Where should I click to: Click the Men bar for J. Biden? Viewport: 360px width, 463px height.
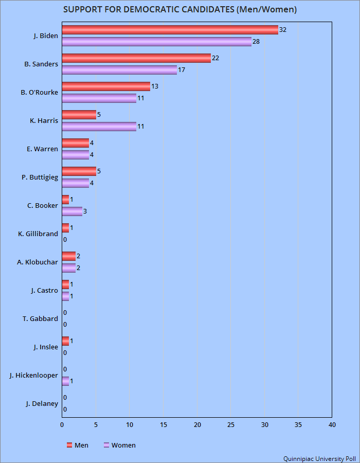(170, 30)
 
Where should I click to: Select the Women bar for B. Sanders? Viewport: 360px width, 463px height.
(119, 70)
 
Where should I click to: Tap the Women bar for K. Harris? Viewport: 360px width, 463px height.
(99, 127)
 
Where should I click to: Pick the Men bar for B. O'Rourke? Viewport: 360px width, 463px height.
(106, 86)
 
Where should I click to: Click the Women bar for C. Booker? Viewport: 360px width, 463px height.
(72, 211)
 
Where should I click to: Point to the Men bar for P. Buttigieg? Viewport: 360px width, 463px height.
(79, 171)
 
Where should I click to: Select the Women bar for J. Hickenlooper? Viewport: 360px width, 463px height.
(65, 381)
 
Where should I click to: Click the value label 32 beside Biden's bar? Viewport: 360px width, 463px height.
(283, 30)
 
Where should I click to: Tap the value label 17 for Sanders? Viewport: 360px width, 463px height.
(182, 70)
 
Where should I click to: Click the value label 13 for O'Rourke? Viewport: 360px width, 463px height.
(154, 86)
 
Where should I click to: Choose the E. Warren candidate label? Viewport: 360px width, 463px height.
(42, 149)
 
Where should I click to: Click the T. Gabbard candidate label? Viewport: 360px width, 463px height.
(40, 319)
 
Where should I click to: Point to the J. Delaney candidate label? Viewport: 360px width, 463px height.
(42, 404)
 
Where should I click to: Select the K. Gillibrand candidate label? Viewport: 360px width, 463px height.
(38, 234)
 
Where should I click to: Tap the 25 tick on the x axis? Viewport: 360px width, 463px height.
(231, 425)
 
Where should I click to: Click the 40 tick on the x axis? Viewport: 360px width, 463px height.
(332, 425)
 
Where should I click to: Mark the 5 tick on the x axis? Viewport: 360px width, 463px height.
(96, 425)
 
